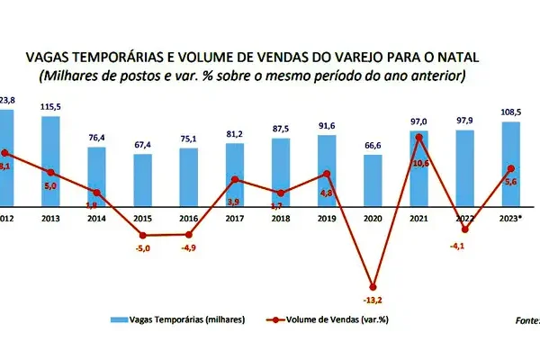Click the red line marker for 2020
pos(373,285)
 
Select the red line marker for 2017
pos(234,180)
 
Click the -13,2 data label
pos(373,301)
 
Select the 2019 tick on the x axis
pos(327,218)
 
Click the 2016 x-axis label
pos(188,218)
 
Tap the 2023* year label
pos(511,218)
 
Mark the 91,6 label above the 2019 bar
pos(327,126)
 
